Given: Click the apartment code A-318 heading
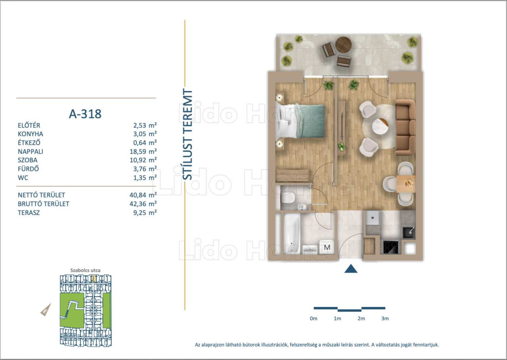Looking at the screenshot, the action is tap(85, 114).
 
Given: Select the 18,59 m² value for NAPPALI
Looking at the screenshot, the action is tap(145, 152).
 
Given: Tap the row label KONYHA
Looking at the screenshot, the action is tap(30, 134).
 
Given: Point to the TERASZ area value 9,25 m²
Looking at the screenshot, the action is tap(145, 212).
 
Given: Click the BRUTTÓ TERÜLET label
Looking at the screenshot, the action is tap(44, 204).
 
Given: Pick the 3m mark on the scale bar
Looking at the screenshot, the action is tap(385, 318).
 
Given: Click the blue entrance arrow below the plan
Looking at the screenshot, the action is tap(351, 269).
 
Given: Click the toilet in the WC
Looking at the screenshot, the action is tap(288, 198).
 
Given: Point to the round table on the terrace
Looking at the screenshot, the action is tap(344, 45).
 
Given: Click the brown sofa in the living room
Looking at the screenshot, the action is tap(406, 127).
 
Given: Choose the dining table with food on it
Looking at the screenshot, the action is tap(406, 184).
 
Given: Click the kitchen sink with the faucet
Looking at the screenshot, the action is tap(408, 233).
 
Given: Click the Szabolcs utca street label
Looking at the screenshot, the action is tap(85, 270).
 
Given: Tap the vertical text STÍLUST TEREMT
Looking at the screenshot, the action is tap(188, 135).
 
